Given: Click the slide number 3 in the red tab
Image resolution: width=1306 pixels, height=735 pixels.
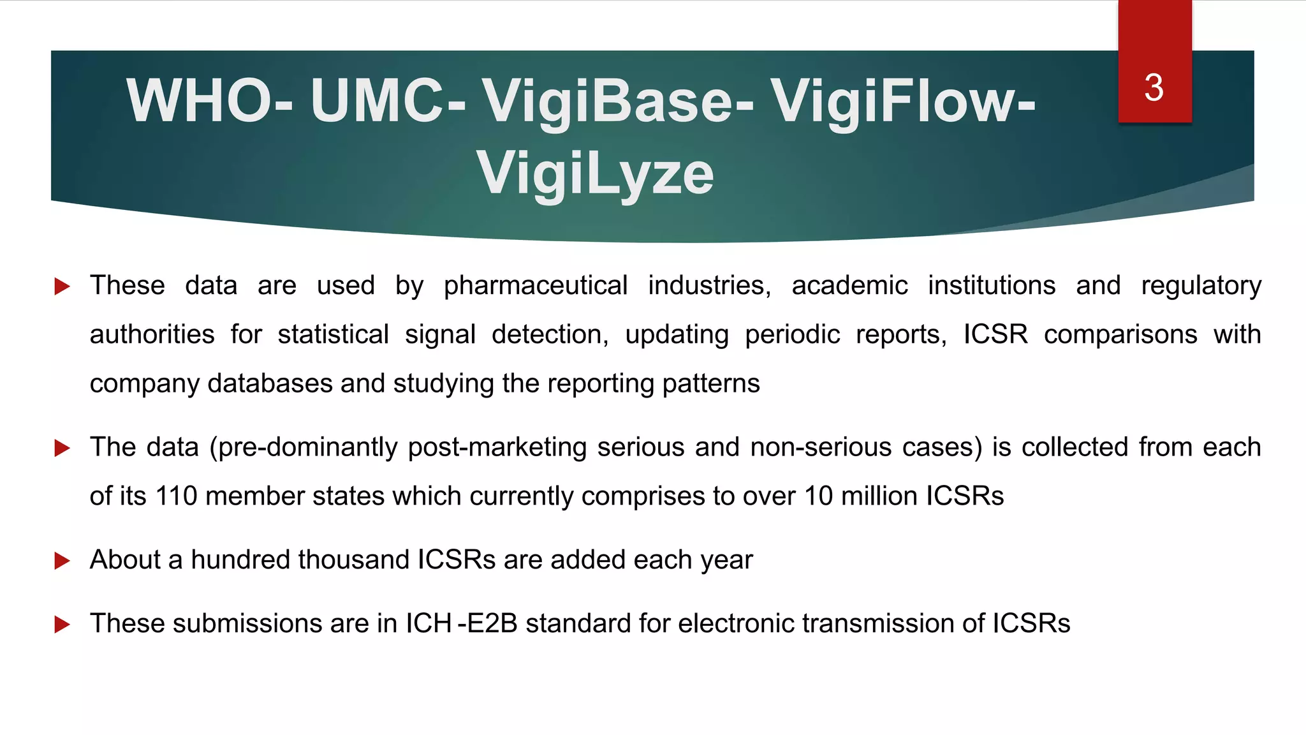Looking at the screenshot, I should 1154,87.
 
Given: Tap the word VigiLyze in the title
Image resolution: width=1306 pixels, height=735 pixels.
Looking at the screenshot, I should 595,173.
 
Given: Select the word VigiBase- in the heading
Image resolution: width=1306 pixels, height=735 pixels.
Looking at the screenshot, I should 617,101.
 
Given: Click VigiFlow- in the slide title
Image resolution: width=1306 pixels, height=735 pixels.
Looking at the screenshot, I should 903,101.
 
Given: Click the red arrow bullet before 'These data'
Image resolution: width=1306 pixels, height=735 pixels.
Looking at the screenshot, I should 62,286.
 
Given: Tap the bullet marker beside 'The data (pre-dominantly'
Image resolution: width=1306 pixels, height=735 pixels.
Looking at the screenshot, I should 62,448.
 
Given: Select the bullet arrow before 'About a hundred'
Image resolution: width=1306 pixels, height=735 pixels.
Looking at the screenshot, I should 62,561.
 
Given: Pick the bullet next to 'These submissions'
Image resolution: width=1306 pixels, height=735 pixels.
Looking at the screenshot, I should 62,625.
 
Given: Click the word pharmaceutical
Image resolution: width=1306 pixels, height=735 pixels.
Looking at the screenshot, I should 536,286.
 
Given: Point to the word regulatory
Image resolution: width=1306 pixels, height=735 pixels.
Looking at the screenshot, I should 1201,286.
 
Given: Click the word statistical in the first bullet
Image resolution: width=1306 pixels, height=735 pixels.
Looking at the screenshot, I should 333,334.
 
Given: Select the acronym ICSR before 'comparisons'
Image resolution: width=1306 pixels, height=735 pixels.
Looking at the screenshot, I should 995,334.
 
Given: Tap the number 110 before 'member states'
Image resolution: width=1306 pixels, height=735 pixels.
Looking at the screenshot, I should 176,496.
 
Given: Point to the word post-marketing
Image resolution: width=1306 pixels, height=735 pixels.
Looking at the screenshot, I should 497,447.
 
